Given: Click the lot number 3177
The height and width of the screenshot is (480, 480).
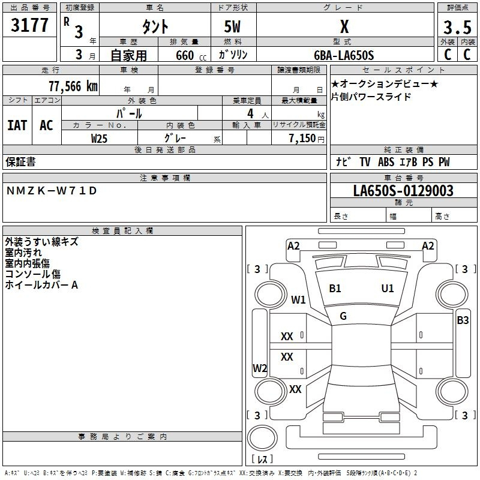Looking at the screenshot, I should click(x=30, y=26).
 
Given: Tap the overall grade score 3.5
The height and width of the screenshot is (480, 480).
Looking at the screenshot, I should click(x=456, y=28).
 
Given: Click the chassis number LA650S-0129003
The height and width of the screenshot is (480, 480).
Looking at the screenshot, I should click(x=403, y=191).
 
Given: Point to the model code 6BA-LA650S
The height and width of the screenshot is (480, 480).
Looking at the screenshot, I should click(x=344, y=55).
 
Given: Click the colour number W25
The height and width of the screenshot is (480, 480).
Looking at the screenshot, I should click(x=100, y=138).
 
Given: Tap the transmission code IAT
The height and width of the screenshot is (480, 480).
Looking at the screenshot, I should click(x=17, y=125).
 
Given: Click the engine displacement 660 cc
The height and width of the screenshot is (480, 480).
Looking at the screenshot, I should click(x=181, y=55).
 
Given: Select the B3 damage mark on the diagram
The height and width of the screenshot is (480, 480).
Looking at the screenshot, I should click(x=463, y=320).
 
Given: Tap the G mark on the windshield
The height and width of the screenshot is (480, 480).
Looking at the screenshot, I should click(x=343, y=316).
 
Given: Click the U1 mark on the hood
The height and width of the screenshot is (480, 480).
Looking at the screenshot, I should click(x=388, y=289).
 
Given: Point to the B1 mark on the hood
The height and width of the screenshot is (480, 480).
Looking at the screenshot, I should click(x=335, y=289).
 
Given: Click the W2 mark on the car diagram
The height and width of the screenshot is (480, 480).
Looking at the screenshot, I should click(x=260, y=368).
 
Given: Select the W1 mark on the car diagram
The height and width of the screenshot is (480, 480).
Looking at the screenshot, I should click(x=298, y=299).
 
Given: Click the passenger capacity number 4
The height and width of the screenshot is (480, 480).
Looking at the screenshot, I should click(x=250, y=113).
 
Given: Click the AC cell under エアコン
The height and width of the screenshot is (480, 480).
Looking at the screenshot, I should click(x=46, y=125).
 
